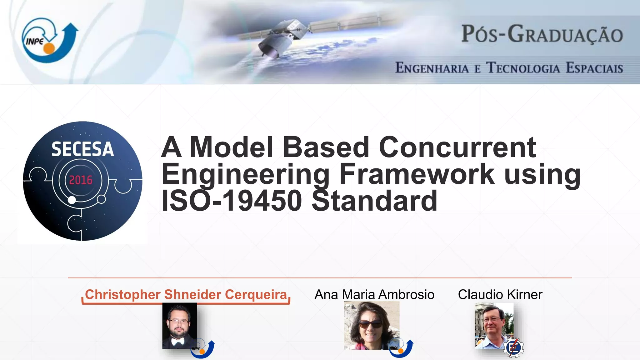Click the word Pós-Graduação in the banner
click(542, 34)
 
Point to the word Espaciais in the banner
click(594, 68)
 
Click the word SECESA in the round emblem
click(82, 149)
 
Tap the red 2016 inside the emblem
click(81, 180)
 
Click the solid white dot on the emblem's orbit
click(72, 200)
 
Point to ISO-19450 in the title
click(232, 201)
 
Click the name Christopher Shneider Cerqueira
click(186, 295)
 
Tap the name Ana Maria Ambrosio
click(374, 295)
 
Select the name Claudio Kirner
click(500, 295)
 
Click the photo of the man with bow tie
click(179, 326)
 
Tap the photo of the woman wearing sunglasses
click(371, 326)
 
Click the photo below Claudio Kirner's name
click(494, 325)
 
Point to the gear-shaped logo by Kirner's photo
click(513, 347)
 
